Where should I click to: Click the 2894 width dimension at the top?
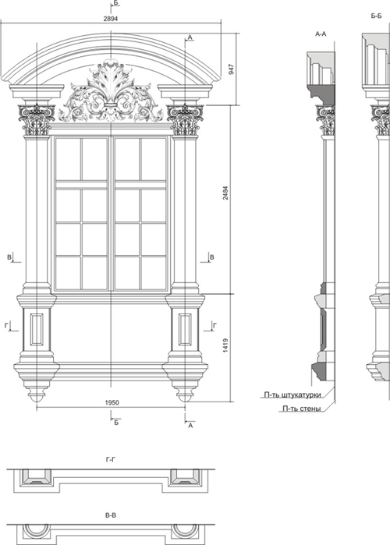[x=111, y=19]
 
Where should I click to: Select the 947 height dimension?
[x=232, y=69]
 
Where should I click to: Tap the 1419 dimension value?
[x=225, y=345]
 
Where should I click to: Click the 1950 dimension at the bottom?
[x=112, y=402]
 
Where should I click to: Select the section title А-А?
[x=321, y=34]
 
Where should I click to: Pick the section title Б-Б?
[x=376, y=16]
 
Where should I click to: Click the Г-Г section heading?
[x=111, y=460]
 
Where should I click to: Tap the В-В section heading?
[x=111, y=515]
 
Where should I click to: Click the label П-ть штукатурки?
[x=292, y=395]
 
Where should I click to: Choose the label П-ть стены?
[x=302, y=409]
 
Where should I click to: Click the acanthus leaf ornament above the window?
[x=111, y=91]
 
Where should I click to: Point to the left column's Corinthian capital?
[x=37, y=119]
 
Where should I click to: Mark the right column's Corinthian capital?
[x=185, y=119]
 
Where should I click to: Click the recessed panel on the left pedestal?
[x=37, y=329]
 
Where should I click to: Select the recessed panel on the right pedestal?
[x=185, y=329]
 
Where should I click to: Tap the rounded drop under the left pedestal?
[x=37, y=395]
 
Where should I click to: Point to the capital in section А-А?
[x=325, y=120]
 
